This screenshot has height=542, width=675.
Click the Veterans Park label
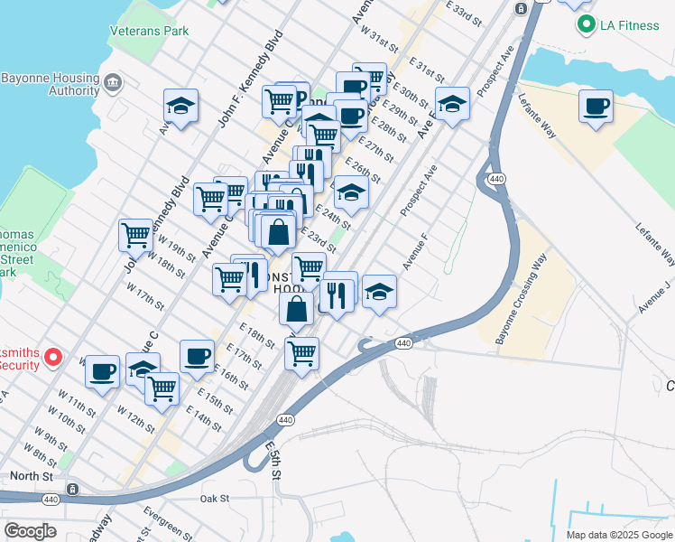point(149,31)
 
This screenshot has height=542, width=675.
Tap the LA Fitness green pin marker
point(586,24)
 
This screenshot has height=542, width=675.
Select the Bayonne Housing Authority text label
point(50,84)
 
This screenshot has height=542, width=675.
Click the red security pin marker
point(53,358)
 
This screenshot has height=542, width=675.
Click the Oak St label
point(215,498)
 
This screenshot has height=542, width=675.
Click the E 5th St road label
point(274,460)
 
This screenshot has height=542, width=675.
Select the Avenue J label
point(654,296)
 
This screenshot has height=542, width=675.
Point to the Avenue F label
point(414,252)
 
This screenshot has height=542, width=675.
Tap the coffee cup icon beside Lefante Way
point(596,107)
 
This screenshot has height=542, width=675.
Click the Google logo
point(30,531)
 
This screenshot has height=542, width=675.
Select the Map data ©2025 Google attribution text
point(620,535)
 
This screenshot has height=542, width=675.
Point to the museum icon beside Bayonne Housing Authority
point(113,84)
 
